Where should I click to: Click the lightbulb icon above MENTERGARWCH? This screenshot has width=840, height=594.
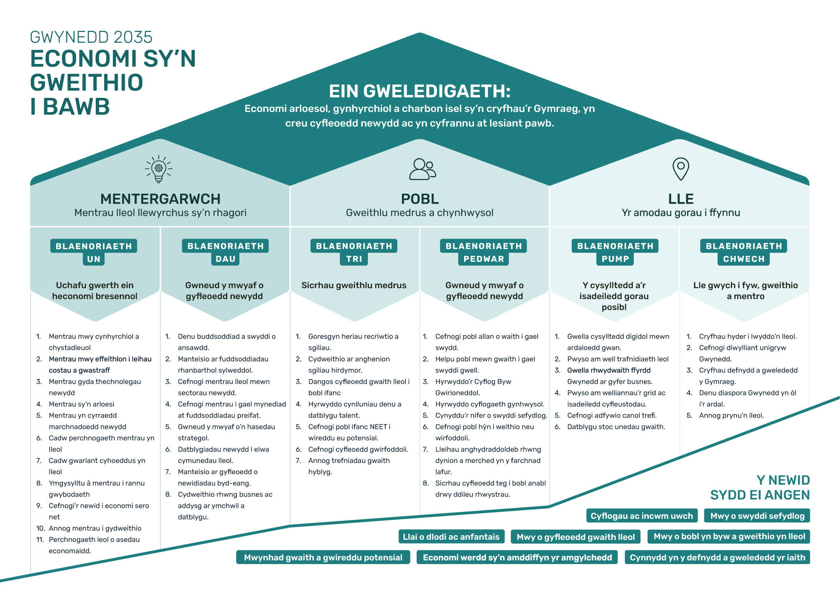click(159, 169)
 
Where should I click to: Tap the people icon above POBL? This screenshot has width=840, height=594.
click(423, 169)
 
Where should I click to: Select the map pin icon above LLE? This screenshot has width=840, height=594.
click(681, 169)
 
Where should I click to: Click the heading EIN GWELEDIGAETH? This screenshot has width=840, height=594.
click(420, 91)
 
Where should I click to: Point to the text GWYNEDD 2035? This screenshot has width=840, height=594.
click(91, 37)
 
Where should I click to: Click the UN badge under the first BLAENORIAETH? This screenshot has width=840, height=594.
click(94, 259)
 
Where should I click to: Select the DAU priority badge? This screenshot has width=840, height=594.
click(226, 259)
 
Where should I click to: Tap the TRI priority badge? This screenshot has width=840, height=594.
click(354, 259)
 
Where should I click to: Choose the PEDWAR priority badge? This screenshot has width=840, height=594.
click(484, 259)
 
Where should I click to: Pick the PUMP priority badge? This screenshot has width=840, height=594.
click(615, 259)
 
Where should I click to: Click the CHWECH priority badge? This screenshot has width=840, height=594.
click(744, 259)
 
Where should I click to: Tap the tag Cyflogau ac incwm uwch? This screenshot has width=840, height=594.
click(642, 516)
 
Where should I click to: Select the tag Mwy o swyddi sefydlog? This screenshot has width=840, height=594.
click(757, 516)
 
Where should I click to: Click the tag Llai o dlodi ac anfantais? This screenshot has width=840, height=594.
click(451, 537)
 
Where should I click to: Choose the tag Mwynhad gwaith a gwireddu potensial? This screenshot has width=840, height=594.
click(323, 557)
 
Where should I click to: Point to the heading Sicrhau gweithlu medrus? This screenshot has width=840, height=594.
click(354, 285)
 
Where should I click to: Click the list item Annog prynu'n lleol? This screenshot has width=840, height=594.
click(731, 415)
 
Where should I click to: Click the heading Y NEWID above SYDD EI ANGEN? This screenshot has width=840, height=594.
click(783, 480)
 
